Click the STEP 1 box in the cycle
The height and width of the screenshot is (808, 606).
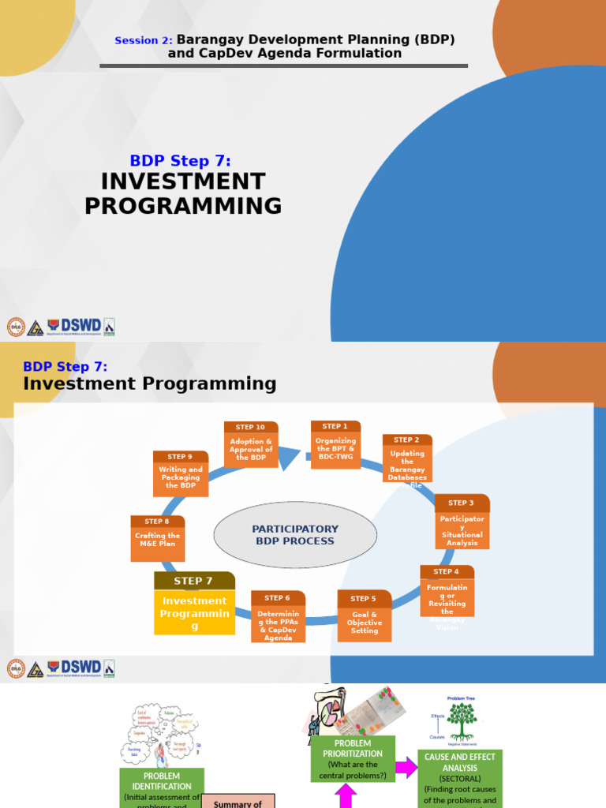tap(335, 445)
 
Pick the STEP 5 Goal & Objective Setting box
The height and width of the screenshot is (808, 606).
tap(365, 616)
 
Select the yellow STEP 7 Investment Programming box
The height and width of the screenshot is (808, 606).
tap(194, 604)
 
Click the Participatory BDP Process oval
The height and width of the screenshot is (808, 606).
tap(295, 535)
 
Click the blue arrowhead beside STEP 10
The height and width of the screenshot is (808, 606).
tap(289, 457)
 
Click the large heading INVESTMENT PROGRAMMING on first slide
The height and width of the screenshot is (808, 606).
tap(183, 193)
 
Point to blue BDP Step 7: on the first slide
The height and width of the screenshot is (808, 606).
tap(181, 161)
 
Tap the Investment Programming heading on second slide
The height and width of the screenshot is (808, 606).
tap(150, 383)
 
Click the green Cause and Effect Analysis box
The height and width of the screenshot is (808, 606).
tap(460, 778)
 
